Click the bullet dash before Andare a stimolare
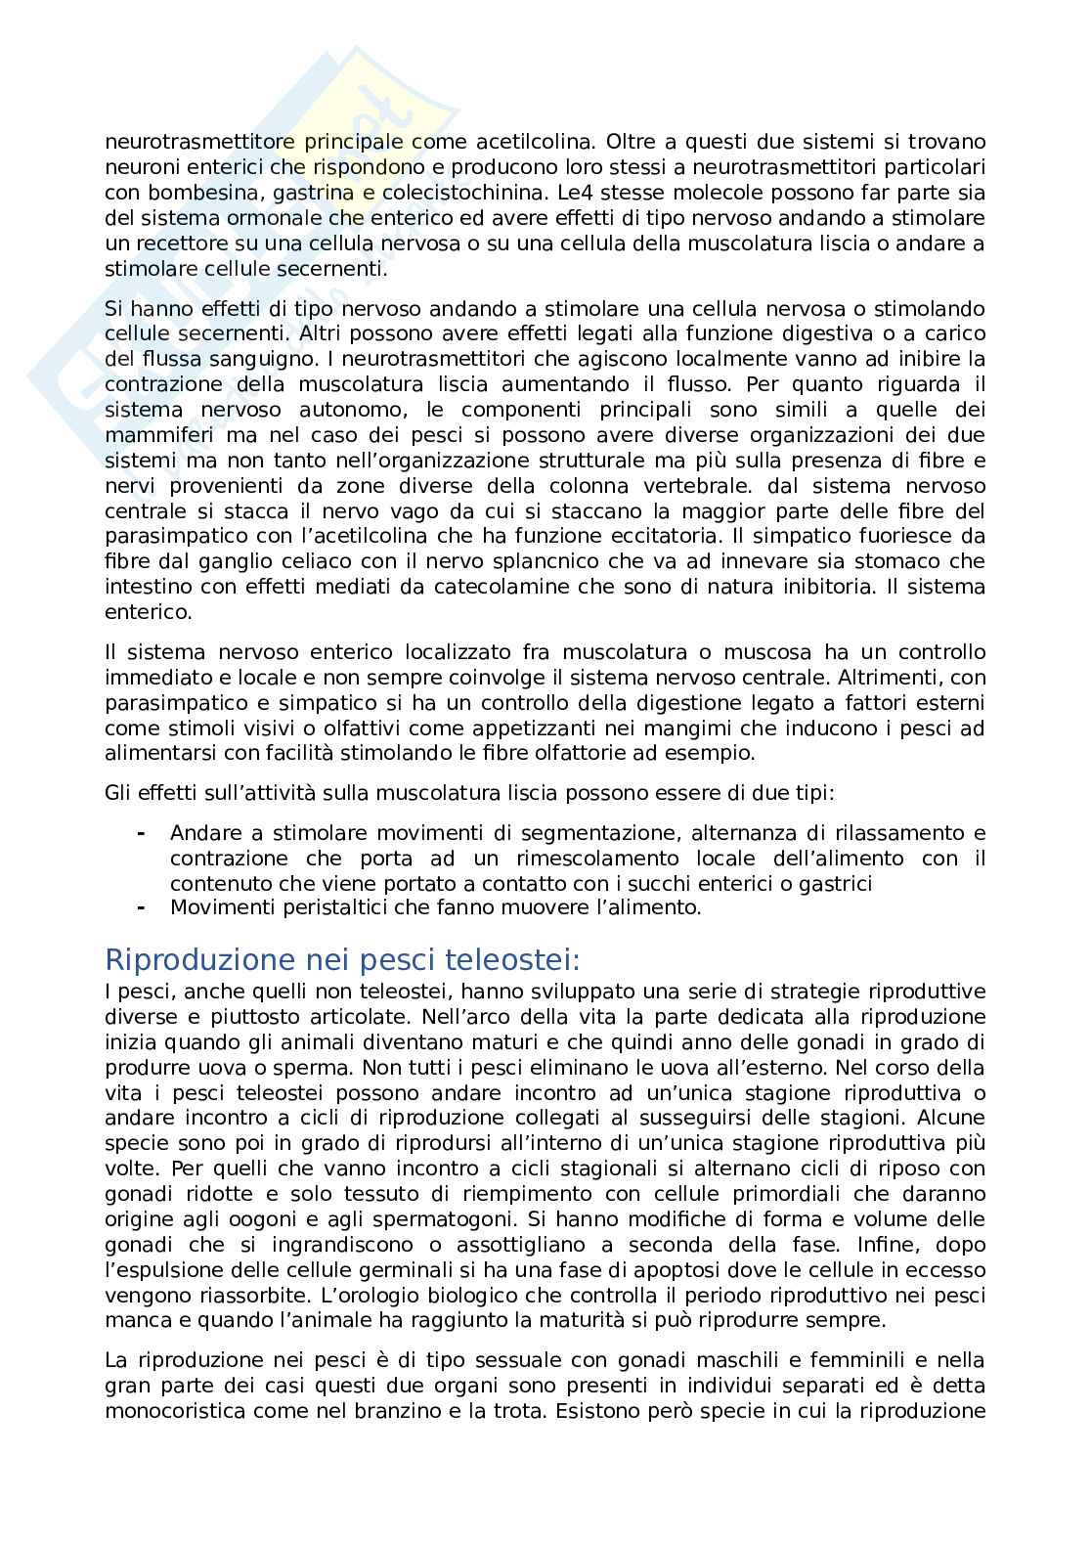coord(142,833)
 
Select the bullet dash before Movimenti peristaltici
coord(142,907)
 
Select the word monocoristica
coord(171,1411)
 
